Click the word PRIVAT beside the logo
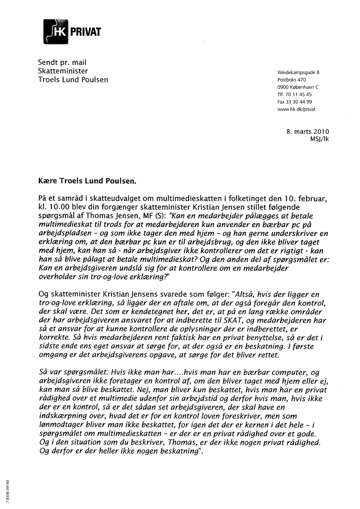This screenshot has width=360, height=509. click(86, 31)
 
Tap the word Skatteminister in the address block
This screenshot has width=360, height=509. click(63, 71)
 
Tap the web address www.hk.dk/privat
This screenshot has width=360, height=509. click(296, 109)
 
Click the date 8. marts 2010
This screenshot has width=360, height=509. click(307, 132)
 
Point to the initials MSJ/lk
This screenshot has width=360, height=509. click(318, 139)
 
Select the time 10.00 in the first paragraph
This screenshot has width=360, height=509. click(57, 207)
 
